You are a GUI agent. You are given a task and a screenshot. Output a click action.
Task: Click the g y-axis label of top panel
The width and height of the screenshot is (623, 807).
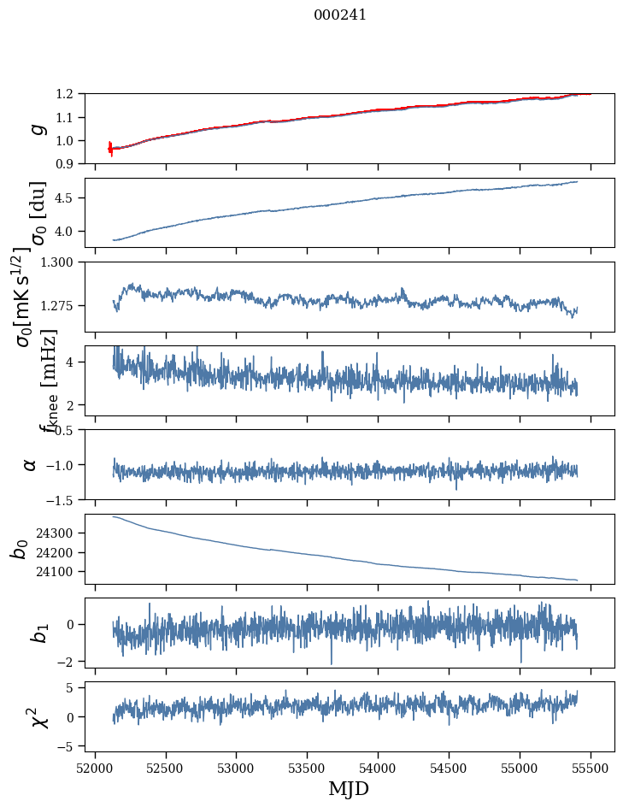[36, 129]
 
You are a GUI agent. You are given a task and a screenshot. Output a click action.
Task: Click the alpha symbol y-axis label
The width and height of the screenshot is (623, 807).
[30, 464]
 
